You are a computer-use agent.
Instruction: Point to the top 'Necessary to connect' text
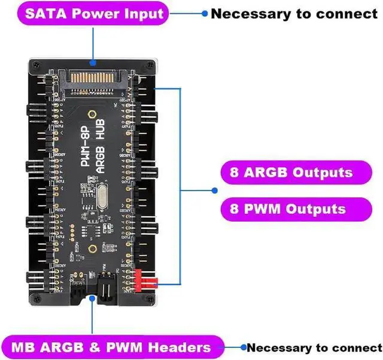coord(294,13)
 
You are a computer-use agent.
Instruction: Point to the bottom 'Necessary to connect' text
coord(314,347)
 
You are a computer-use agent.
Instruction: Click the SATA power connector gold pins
coord(93,77)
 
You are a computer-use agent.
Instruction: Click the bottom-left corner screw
coord(35,297)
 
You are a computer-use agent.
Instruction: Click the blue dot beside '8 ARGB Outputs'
coord(215,190)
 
